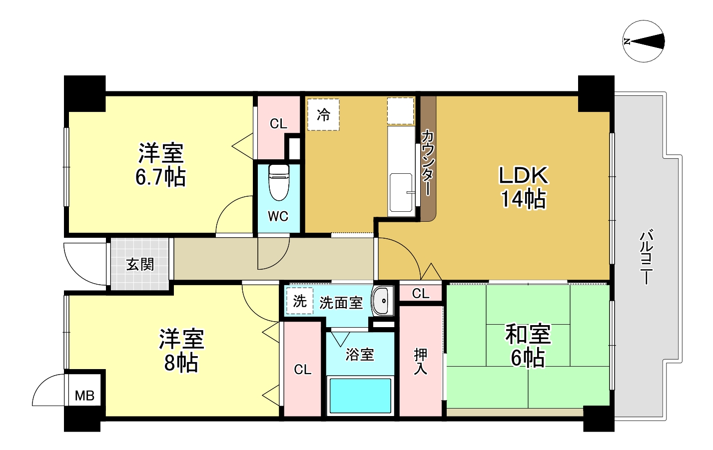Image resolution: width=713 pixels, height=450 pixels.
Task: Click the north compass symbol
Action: tap(644, 41)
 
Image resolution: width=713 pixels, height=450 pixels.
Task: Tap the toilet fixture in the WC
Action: tap(278, 181)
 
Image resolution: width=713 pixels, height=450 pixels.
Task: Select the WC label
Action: tap(278, 216)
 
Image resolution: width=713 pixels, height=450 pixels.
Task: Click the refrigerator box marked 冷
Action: tap(323, 115)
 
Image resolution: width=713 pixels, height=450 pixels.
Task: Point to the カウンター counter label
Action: tap(428, 162)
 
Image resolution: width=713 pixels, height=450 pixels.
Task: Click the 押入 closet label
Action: tap(421, 362)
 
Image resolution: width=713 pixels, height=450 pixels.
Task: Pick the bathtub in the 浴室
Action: tap(359, 395)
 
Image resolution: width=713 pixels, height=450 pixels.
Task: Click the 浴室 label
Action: tap(360, 355)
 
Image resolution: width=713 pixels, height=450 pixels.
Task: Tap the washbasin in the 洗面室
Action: tap(383, 301)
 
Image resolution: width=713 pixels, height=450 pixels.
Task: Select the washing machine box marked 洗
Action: tap(300, 301)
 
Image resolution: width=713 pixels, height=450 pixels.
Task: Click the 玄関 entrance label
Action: tap(140, 264)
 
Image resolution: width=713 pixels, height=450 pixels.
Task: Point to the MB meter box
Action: tap(84, 396)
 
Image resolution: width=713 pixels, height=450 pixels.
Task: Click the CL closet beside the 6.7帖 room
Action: tap(278, 124)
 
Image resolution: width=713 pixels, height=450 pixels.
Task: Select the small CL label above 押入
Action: tap(421, 294)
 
